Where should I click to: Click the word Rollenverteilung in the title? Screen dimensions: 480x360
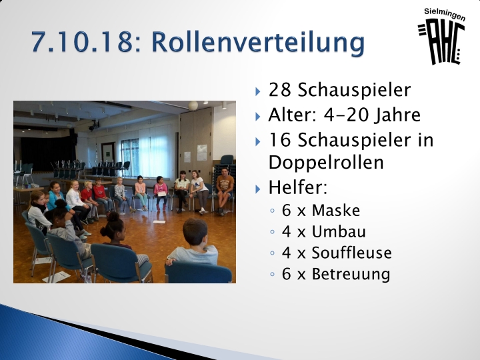click(x=258, y=42)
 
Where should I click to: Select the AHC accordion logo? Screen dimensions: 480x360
click(x=441, y=43)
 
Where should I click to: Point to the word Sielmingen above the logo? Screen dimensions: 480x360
click(x=445, y=14)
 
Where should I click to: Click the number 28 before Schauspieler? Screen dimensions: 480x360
click(x=279, y=90)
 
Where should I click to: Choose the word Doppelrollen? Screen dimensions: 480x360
click(x=326, y=162)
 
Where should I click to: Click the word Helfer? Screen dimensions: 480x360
click(x=297, y=187)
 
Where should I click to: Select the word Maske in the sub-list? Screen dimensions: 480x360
click(x=336, y=211)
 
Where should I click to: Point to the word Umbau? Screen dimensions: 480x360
click(x=339, y=232)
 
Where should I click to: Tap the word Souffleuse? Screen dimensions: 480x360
click(x=352, y=253)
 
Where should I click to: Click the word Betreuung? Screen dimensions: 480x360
click(x=351, y=274)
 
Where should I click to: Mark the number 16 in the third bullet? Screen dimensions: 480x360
click(x=279, y=140)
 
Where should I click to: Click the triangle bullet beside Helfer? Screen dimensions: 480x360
click(x=258, y=189)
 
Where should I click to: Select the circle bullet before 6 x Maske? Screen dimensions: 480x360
click(x=273, y=211)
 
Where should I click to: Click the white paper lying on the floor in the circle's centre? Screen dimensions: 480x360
click(x=159, y=221)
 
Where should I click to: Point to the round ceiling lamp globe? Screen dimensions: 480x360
click(x=193, y=105)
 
